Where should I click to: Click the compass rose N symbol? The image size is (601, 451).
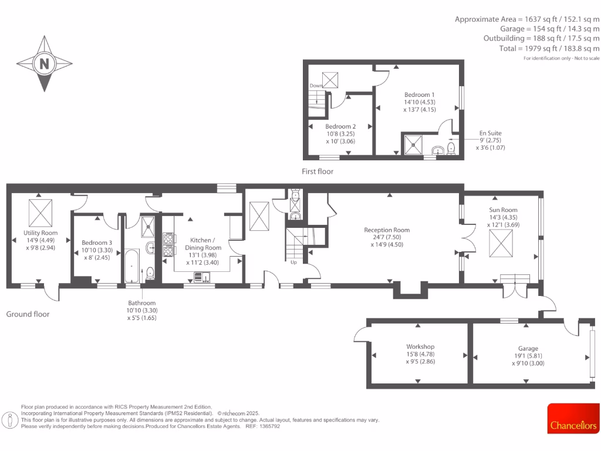click(x=44, y=63)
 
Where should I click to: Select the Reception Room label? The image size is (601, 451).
click(x=387, y=230)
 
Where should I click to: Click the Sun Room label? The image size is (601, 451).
click(x=504, y=210)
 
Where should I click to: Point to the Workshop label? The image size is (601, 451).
click(x=420, y=347)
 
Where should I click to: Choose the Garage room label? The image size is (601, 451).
click(x=528, y=348)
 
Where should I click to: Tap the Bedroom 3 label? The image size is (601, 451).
click(x=97, y=243)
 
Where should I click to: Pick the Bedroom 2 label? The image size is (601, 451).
click(x=340, y=126)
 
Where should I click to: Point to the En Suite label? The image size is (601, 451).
click(x=490, y=133)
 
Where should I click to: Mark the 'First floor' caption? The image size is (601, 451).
click(x=318, y=171)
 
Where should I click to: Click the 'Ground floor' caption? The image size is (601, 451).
click(x=28, y=314)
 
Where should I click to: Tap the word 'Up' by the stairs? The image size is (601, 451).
click(x=293, y=262)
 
